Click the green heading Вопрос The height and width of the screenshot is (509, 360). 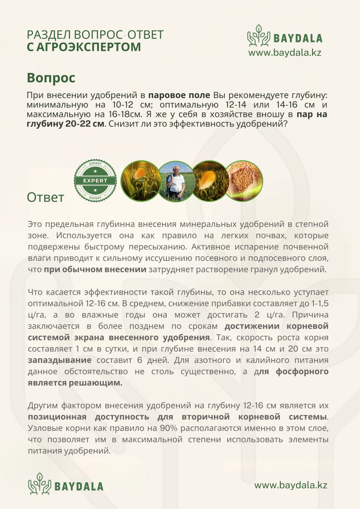click(51, 78)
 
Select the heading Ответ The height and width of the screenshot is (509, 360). click(46, 197)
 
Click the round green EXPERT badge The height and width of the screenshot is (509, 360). click(95, 180)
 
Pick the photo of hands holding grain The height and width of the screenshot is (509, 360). click(244, 181)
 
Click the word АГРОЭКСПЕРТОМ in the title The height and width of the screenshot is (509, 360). click(84, 47)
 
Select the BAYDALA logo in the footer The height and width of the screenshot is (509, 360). click(66, 485)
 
